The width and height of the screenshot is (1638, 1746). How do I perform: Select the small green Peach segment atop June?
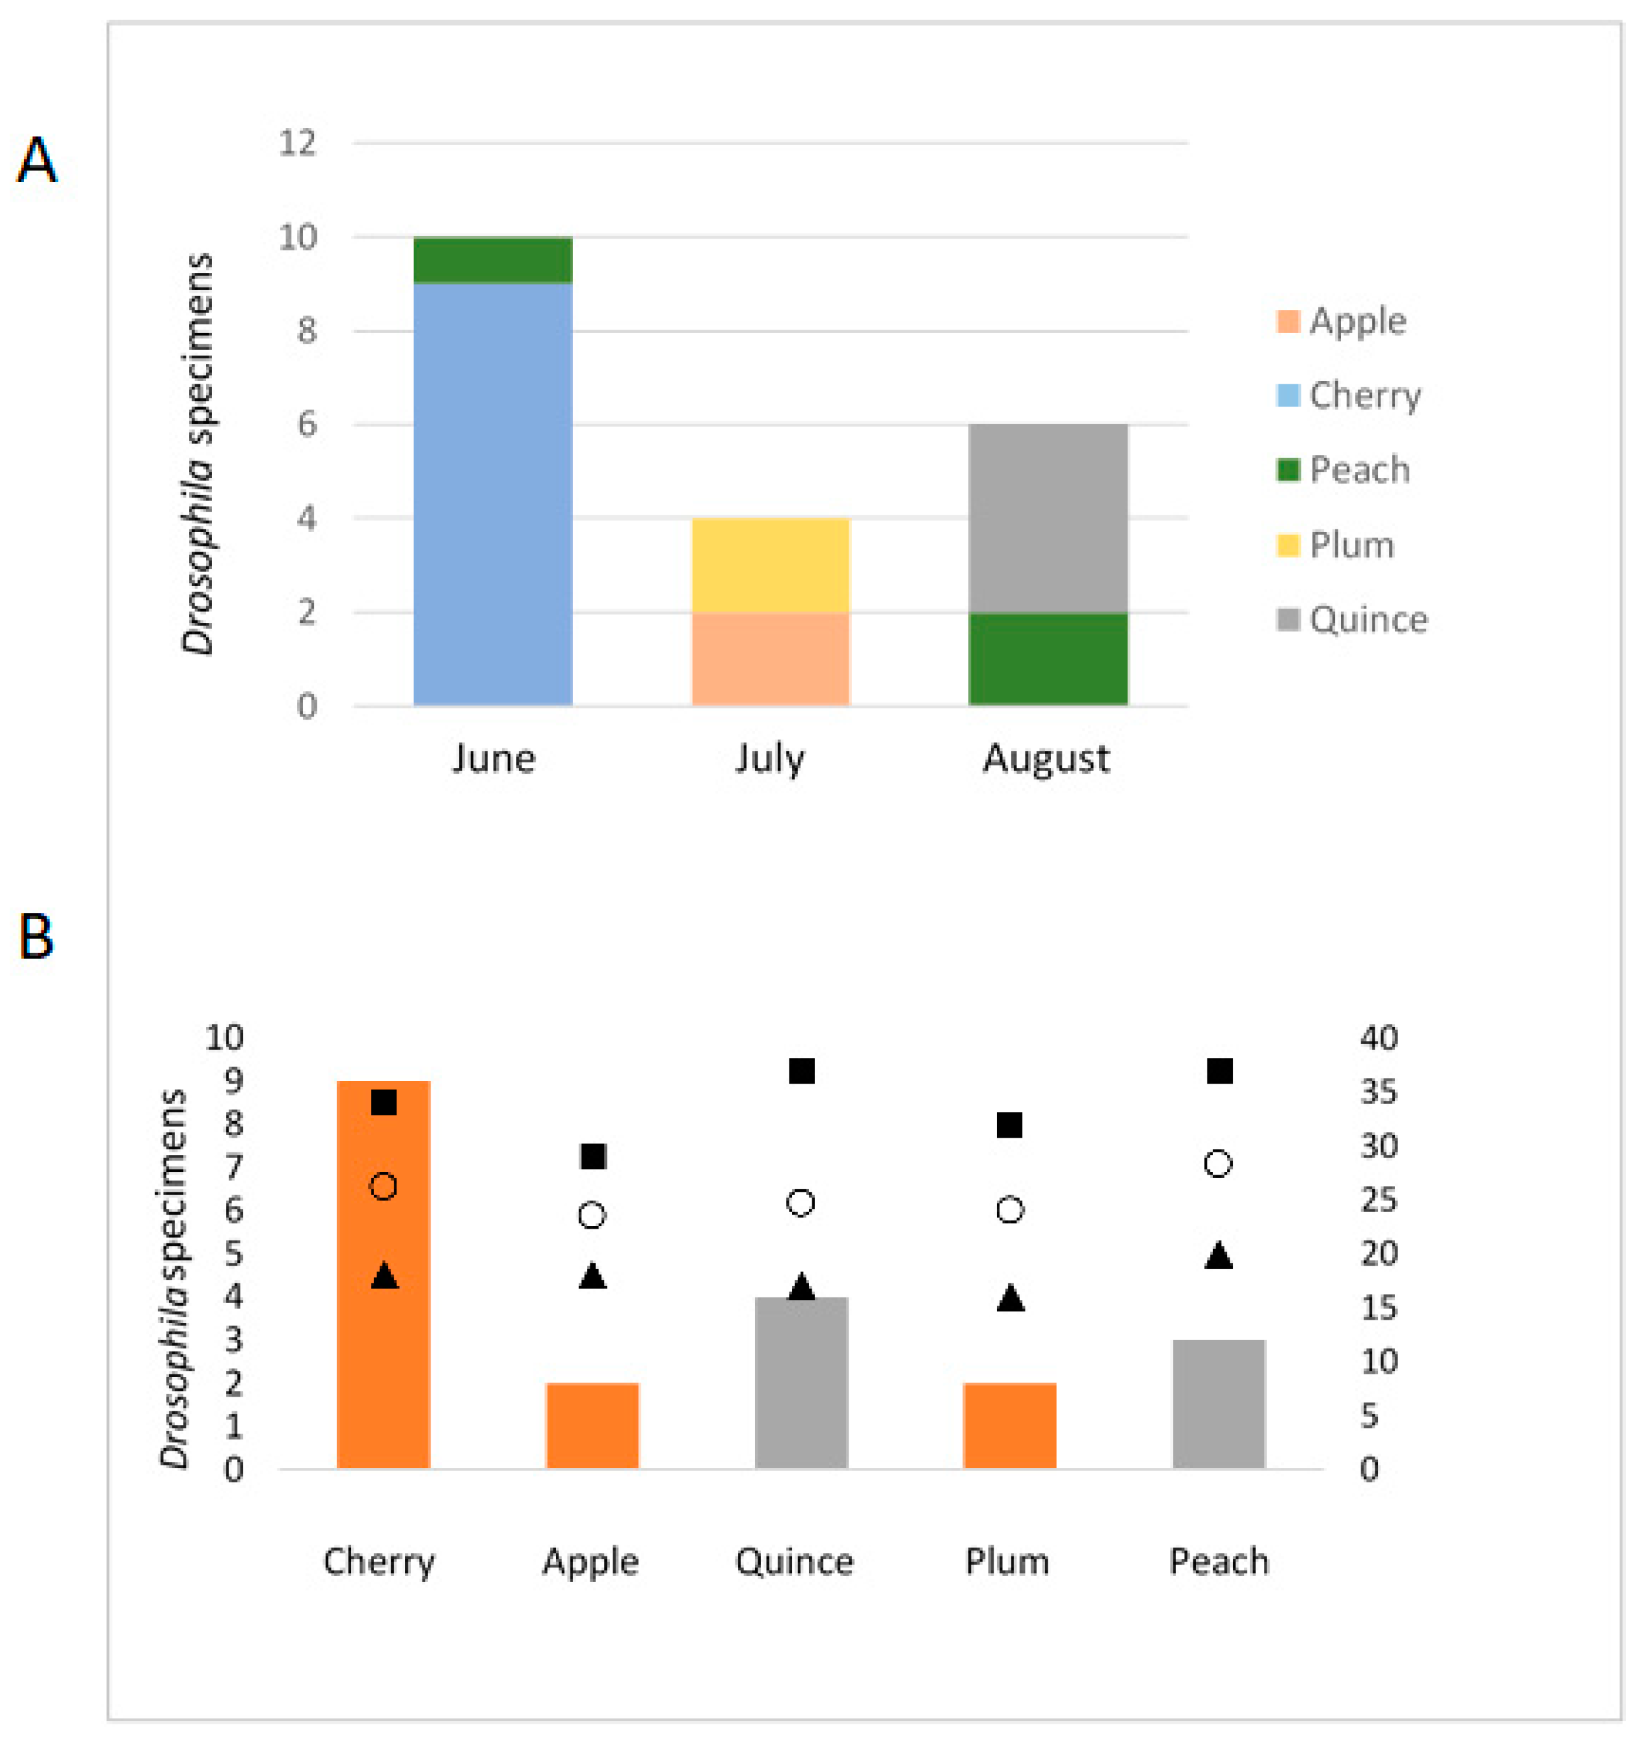tap(492, 260)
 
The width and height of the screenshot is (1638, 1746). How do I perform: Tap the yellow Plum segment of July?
tap(770, 565)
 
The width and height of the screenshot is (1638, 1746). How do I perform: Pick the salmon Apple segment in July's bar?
tap(770, 659)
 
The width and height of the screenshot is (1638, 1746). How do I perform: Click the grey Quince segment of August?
tap(1047, 518)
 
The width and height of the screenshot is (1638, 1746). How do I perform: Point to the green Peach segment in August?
tap(1047, 659)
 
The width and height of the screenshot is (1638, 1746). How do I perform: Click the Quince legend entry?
tap(1352, 620)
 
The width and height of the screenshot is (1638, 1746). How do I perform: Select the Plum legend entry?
tap(1336, 545)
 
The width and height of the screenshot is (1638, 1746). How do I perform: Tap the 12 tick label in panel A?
tap(296, 143)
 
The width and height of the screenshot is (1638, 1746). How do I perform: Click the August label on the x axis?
tap(1046, 758)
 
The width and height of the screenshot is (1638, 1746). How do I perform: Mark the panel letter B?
tap(36, 937)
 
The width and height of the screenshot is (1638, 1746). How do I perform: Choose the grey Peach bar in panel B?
tap(1218, 1404)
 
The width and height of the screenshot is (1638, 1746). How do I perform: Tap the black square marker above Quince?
tap(802, 1072)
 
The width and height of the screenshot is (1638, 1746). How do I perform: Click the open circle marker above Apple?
tap(592, 1215)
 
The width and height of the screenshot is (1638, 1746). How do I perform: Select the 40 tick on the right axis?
tap(1378, 1038)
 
